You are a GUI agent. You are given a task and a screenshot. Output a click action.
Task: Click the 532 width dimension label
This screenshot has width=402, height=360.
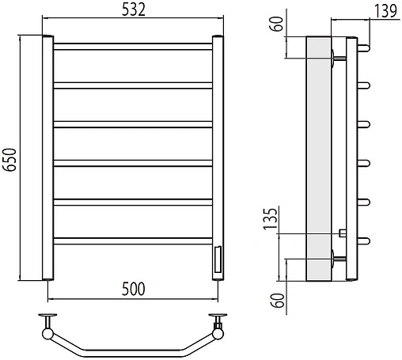coord(134,10)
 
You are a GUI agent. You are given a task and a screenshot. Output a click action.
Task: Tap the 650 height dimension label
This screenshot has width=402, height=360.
coord(9,160)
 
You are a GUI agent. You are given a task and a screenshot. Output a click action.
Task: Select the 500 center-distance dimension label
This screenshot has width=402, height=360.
coord(134,289)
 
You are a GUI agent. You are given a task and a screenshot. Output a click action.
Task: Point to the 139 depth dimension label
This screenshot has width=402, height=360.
coord(385,11)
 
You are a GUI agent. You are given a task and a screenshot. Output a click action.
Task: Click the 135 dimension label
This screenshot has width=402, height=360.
coord(271,218)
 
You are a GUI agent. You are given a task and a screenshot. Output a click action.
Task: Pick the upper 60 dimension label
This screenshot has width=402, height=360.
coord(277,24)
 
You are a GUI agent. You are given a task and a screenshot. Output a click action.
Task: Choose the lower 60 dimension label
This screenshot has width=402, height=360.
coord(278,300)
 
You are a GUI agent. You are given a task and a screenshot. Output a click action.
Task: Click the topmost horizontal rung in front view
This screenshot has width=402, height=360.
coord(133,47)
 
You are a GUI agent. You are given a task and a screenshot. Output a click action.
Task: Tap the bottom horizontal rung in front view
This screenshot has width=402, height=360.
coord(133,241)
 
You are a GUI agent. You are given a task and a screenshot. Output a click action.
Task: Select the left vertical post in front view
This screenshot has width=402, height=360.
coord(47,157)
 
